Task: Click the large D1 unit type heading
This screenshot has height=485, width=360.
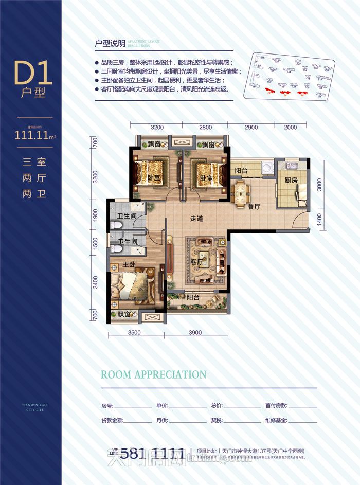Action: [x=33, y=74]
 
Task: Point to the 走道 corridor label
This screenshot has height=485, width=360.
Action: [x=196, y=219]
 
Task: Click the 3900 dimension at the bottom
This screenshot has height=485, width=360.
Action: [x=195, y=332]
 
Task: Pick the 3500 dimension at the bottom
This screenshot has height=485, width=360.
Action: [x=134, y=332]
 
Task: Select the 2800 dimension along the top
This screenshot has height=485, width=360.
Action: [x=205, y=127]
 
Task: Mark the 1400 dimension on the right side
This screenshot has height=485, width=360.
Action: [x=319, y=218]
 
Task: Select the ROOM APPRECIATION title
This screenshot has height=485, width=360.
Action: [x=153, y=374]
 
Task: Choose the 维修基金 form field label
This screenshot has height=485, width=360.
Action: [x=278, y=420]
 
